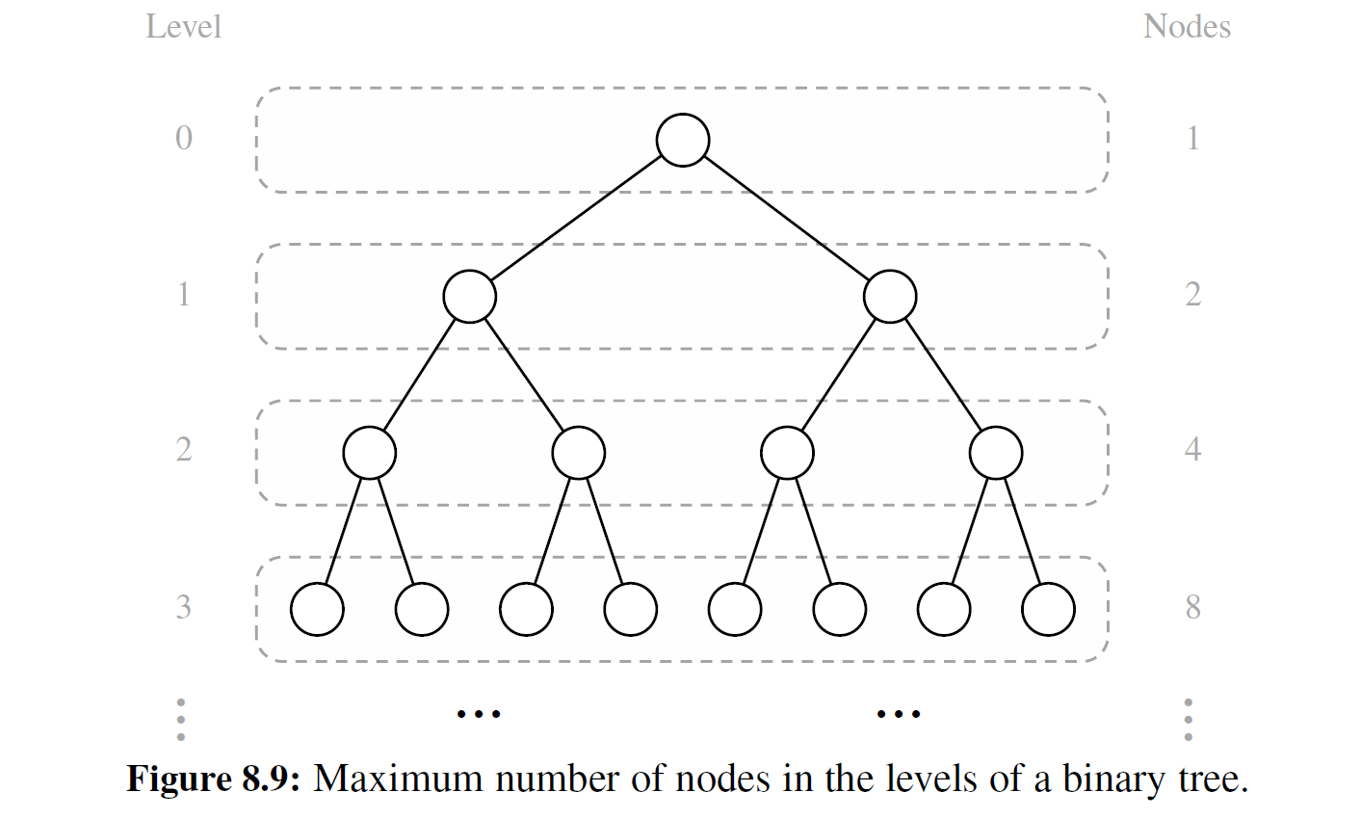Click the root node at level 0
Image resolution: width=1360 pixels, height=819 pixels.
tap(683, 141)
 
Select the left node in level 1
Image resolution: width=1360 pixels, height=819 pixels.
tap(470, 296)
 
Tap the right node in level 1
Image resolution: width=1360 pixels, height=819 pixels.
tap(890, 296)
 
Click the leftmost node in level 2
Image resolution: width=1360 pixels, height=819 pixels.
tap(370, 452)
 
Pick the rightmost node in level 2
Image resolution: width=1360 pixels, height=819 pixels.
tap(996, 452)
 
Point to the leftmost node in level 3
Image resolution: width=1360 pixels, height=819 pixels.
tap(317, 609)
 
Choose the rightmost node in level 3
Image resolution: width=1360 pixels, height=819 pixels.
tap(1048, 609)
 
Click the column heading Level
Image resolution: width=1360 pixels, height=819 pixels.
tap(183, 27)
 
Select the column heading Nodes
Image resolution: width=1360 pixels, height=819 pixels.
tap(1187, 27)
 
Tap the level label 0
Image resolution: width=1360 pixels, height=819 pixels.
tap(184, 139)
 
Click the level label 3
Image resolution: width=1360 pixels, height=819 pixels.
tap(184, 608)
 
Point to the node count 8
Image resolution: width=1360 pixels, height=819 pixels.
tap(1192, 608)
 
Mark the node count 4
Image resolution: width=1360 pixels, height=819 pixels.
tap(1192, 450)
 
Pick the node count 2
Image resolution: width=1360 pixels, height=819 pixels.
tap(1192, 294)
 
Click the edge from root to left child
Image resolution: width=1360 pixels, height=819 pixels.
tap(576, 219)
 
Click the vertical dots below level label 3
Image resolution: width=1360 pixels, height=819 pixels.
tap(181, 720)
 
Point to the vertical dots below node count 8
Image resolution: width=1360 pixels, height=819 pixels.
tap(1189, 720)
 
